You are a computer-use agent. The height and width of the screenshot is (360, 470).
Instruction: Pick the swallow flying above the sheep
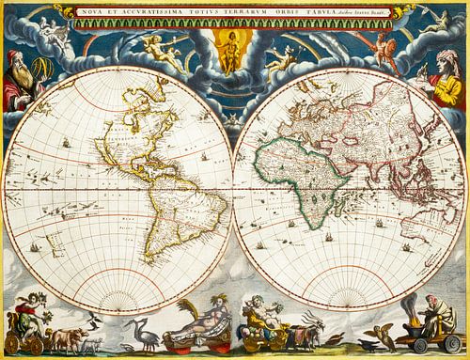(91, 321)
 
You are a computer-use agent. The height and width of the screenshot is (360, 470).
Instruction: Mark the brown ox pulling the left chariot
(66, 337)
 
